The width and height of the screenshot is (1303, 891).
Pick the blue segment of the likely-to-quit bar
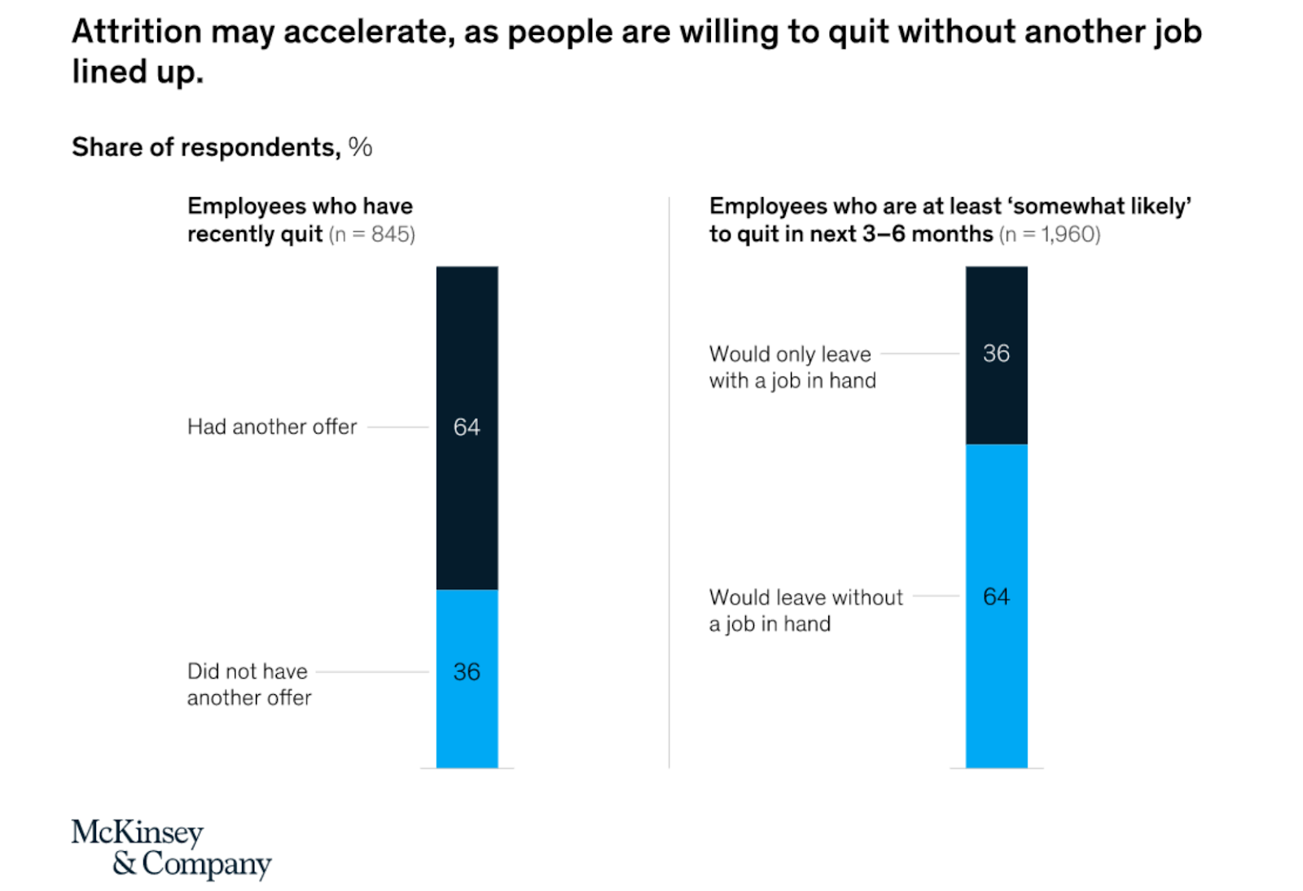[x=996, y=692]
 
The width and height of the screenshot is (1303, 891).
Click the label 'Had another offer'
[x=272, y=426]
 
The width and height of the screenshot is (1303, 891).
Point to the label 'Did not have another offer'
[x=249, y=684]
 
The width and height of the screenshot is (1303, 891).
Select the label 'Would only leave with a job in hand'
[x=792, y=367]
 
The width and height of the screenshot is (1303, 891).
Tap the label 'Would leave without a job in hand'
[x=805, y=610]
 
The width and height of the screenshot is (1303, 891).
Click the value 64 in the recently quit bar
[x=467, y=426]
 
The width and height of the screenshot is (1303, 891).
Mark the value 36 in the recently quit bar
[x=467, y=671]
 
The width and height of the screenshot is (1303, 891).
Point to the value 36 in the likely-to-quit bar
[x=996, y=353]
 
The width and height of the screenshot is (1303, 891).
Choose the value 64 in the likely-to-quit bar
[x=996, y=596]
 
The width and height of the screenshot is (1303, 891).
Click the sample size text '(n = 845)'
[x=372, y=234]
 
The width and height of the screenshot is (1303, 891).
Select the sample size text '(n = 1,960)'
[x=1050, y=234]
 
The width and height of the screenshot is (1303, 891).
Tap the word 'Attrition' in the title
[x=136, y=32]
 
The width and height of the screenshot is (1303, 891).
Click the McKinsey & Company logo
[x=171, y=848]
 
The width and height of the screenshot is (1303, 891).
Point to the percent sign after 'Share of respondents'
[x=360, y=147]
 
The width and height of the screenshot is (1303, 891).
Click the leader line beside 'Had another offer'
[x=398, y=426]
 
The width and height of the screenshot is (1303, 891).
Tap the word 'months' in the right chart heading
[x=951, y=234]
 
